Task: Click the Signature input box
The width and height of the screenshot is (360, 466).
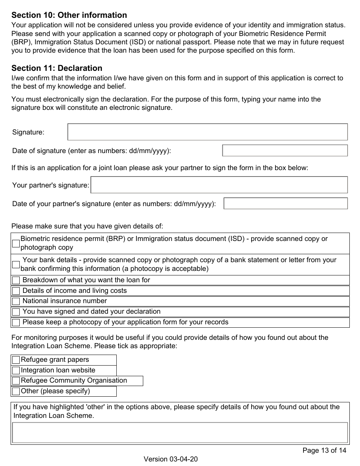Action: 207,132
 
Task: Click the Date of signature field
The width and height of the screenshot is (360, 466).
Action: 285,150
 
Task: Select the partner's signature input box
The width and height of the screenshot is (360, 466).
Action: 219,185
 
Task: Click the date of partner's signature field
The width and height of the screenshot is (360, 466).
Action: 285,203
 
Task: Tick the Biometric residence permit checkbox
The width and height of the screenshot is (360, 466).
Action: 16,243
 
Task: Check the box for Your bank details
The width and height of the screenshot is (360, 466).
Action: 16,264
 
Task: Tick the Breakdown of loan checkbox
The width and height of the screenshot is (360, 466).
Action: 16,280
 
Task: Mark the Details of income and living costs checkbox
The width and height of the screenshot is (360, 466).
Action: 16,291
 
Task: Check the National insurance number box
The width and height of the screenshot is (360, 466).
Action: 16,302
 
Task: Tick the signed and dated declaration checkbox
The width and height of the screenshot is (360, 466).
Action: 16,312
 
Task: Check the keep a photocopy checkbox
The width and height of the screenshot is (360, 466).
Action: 16,323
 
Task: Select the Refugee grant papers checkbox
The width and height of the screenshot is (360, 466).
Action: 16,360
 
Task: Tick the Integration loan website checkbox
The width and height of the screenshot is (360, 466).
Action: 16,371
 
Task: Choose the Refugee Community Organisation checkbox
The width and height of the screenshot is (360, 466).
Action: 16,381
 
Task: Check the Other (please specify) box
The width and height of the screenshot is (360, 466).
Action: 16,391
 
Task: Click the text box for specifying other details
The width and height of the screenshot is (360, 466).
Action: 180,433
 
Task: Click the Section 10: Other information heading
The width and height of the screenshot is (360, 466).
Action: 69,15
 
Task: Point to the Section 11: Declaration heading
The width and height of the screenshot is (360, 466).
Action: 57,68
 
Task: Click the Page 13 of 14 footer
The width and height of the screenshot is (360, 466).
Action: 324,450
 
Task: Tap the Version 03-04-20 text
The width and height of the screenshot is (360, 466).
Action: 171,459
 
